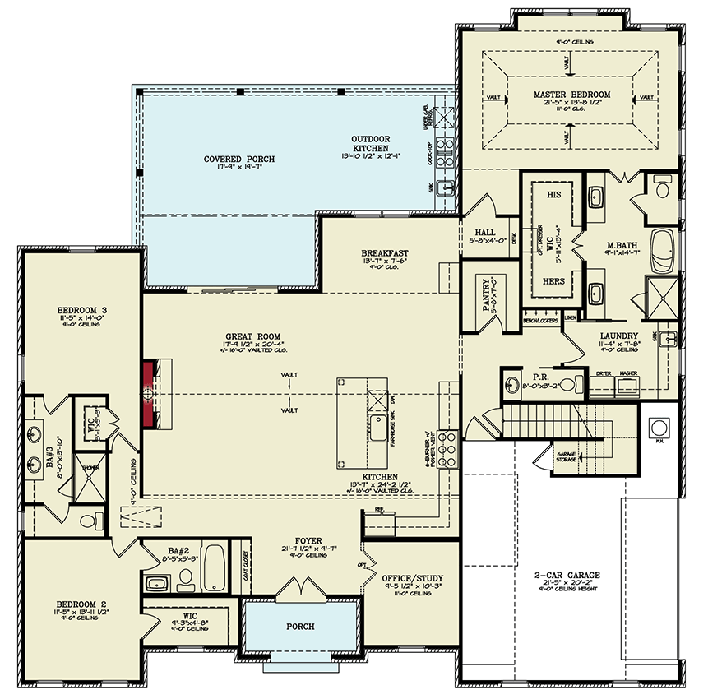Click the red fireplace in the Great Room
pos(149,394)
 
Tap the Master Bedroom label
pos(571,95)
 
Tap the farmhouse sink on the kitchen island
pos(379,428)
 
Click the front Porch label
pos(300,627)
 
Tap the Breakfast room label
pos(384,253)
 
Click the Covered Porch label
pos(239,159)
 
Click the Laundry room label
pos(620,336)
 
